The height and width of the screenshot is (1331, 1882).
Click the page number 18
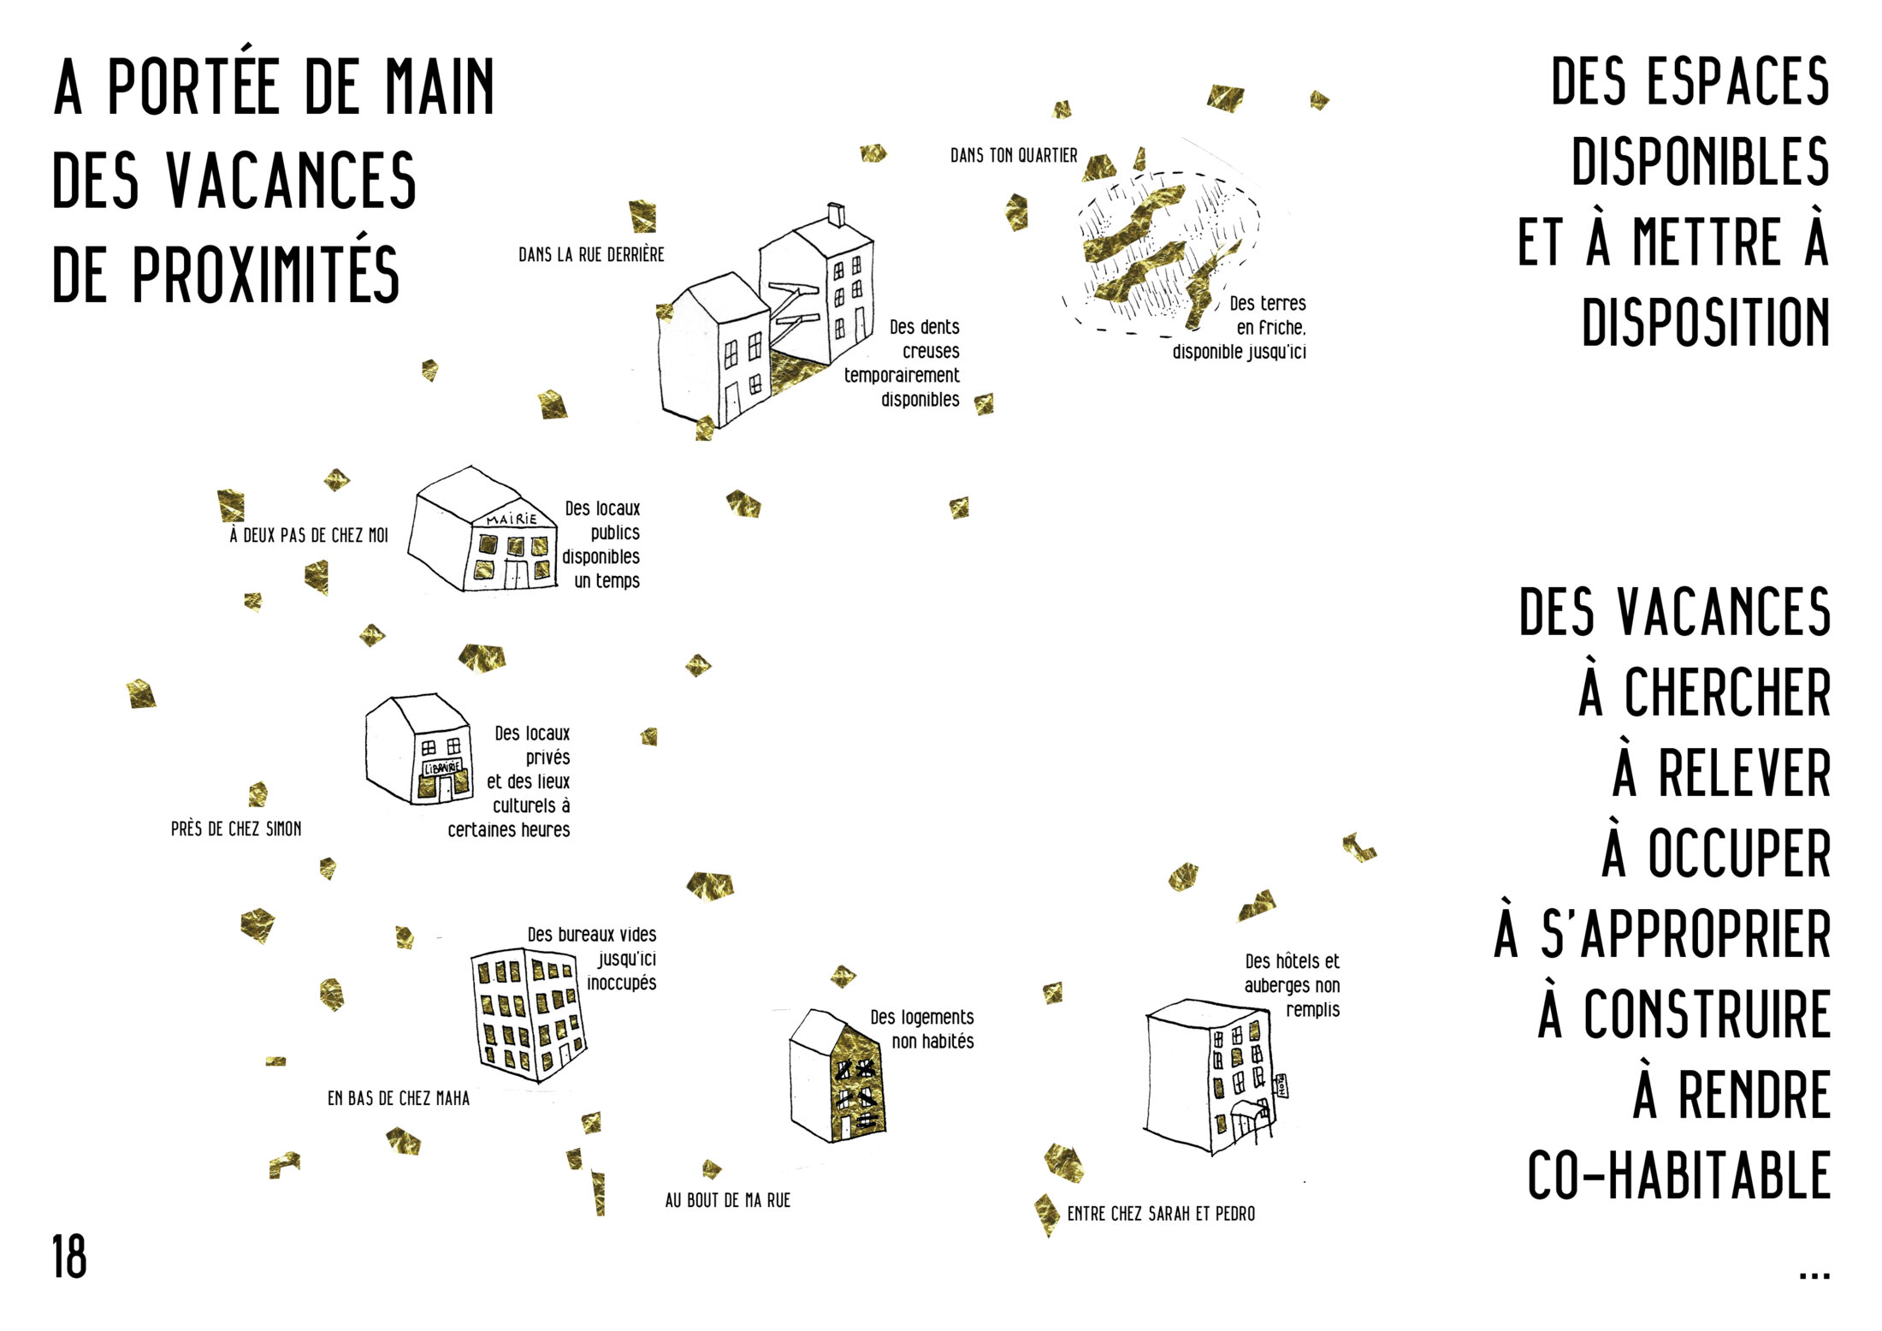[69, 1257]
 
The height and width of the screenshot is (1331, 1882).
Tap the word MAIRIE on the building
[512, 519]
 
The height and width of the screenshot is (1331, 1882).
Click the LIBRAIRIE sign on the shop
[442, 768]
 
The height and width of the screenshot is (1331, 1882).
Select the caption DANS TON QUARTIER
[1014, 155]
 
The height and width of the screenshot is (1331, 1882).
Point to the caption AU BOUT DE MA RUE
[728, 1200]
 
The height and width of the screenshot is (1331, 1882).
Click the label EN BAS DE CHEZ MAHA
[399, 1097]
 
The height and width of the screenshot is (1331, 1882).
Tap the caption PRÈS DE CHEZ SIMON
[236, 829]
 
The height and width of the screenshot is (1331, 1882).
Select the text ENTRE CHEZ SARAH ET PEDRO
[1161, 1213]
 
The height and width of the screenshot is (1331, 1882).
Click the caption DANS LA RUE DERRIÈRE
[591, 254]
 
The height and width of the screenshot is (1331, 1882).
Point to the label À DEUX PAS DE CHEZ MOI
[309, 535]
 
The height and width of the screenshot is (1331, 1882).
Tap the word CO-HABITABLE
[1678, 1175]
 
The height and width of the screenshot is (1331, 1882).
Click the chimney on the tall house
[836, 215]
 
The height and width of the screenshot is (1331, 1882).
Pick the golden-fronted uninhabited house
[837, 1076]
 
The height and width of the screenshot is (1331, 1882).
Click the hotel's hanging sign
[1281, 1085]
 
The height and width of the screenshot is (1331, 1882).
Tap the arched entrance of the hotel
[1251, 1120]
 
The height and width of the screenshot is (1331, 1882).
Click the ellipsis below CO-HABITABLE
[1814, 1275]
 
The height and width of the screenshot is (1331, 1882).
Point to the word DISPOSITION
[1706, 322]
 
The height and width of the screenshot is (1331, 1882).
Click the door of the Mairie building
[516, 573]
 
